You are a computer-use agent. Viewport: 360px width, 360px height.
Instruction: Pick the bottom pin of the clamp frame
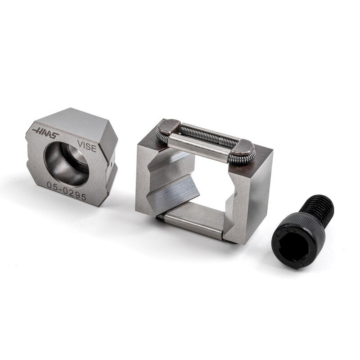193,221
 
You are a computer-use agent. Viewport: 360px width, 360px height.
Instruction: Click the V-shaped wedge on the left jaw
173,182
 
